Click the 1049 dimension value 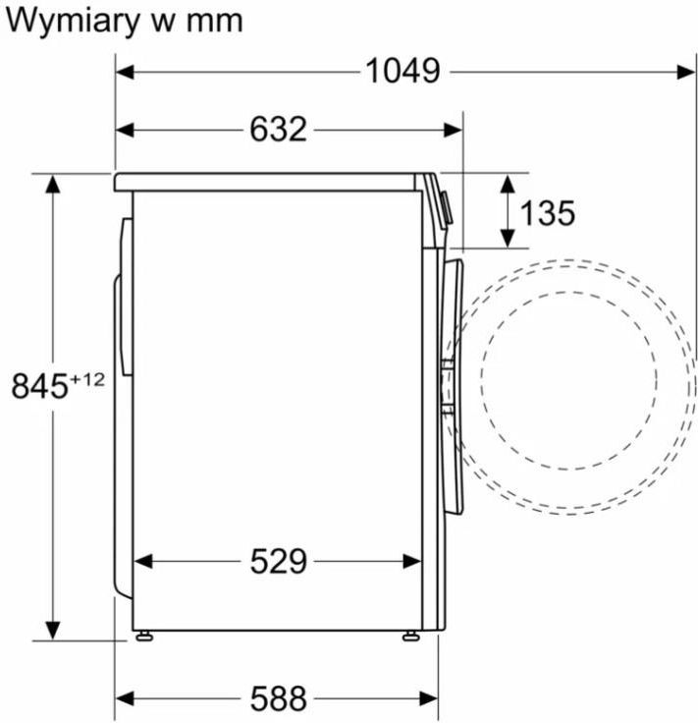click(x=403, y=72)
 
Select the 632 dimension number click(x=278, y=129)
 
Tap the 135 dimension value click(x=548, y=213)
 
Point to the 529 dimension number click(x=278, y=561)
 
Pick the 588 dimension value click(x=278, y=698)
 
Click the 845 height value click(x=39, y=386)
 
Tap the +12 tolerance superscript click(x=87, y=380)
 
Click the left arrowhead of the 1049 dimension click(x=125, y=72)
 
